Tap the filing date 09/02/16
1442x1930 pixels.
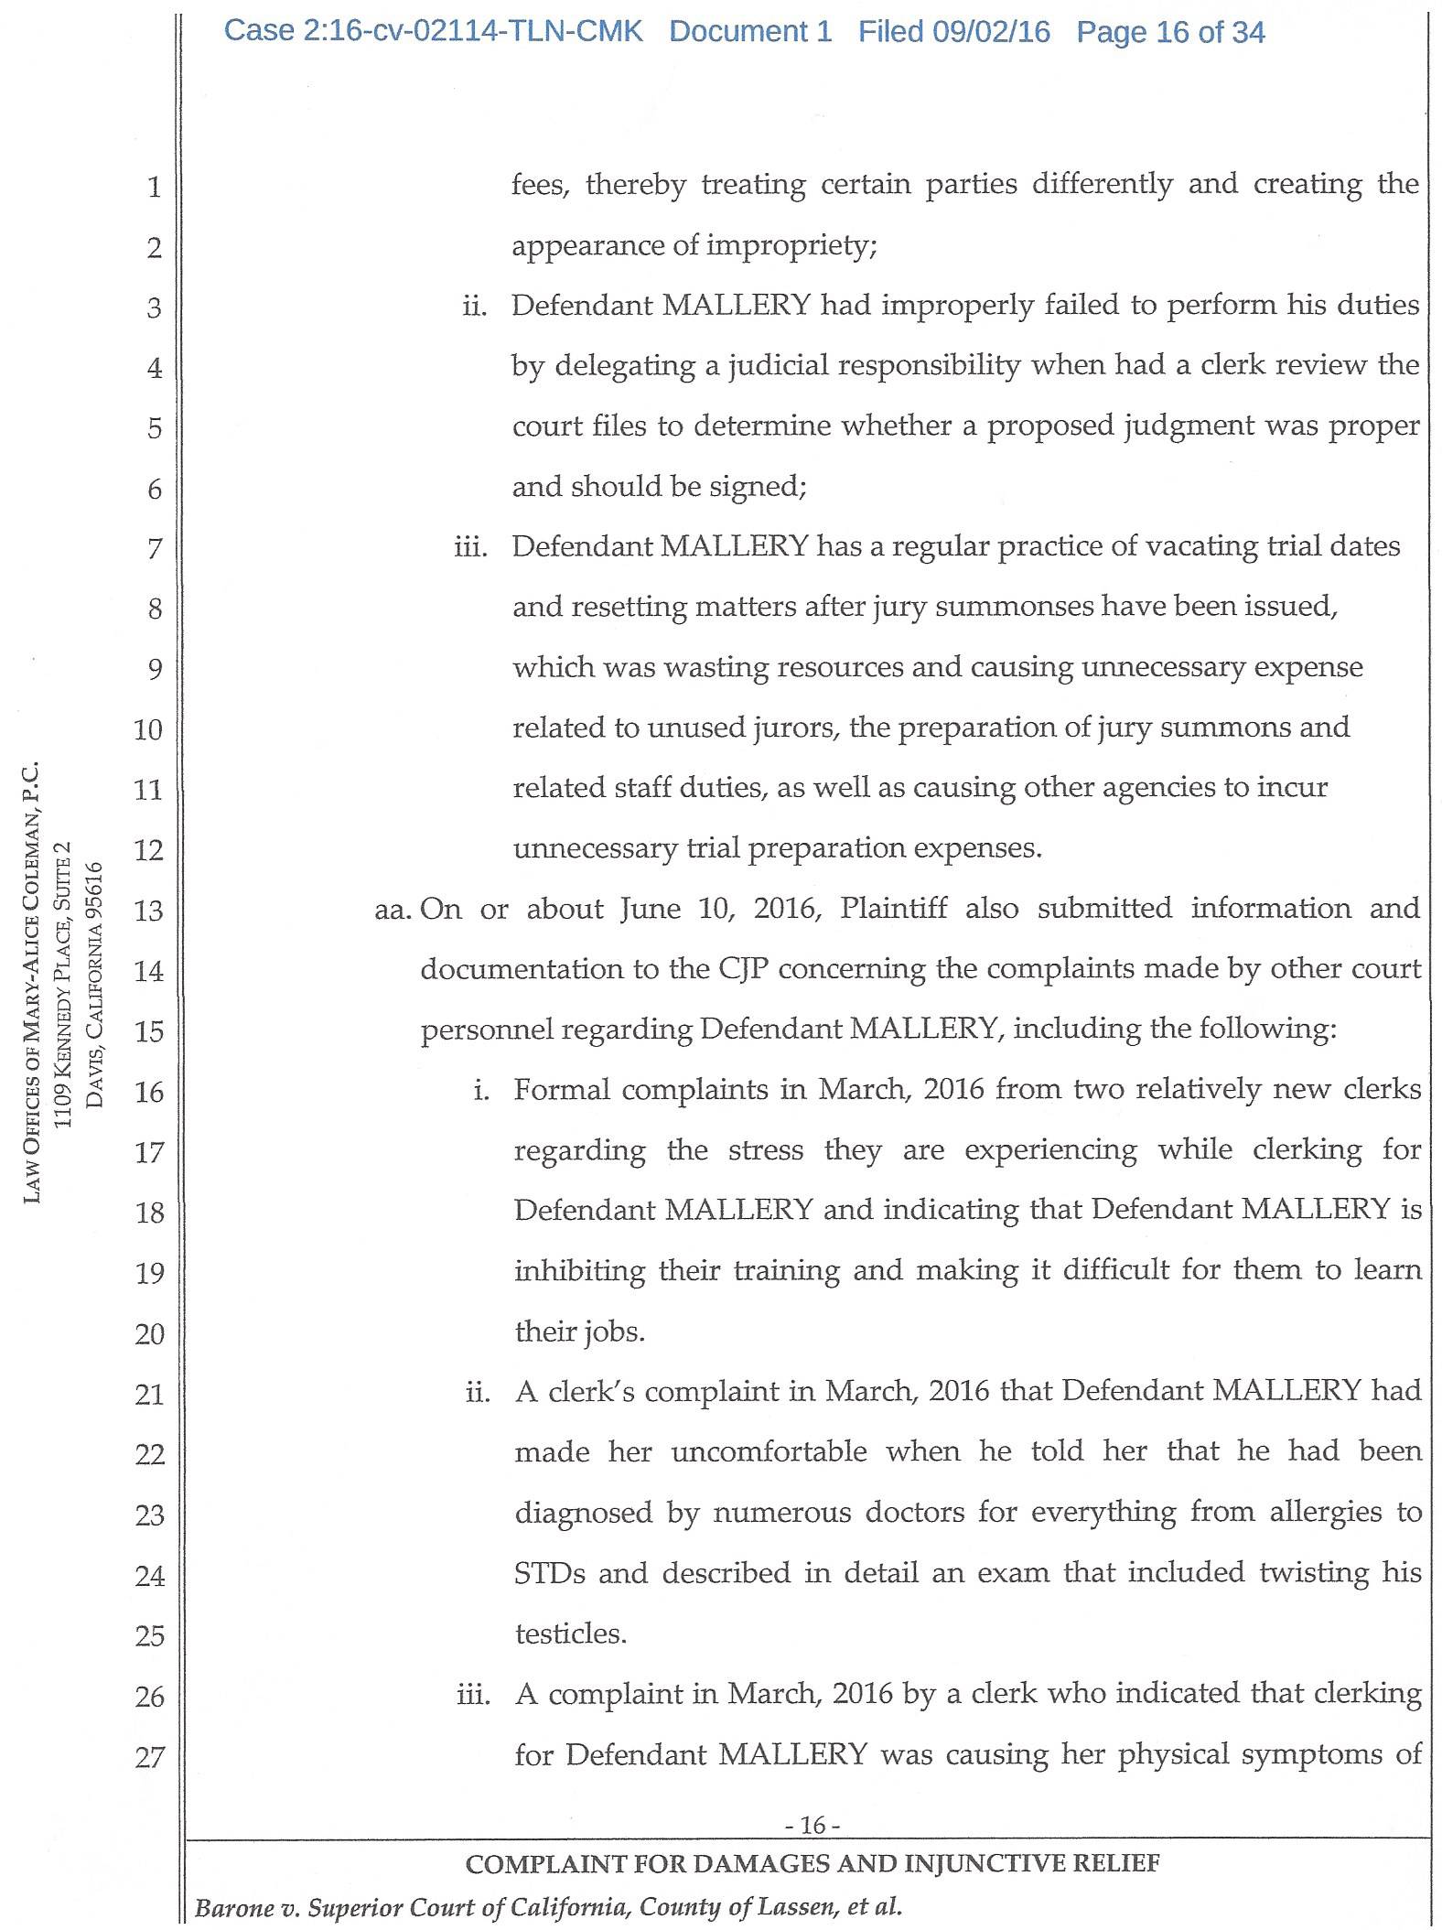click(x=991, y=32)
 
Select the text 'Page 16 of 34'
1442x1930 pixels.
click(x=1170, y=33)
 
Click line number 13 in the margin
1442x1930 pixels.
click(x=148, y=911)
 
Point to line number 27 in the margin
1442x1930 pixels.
click(x=149, y=1757)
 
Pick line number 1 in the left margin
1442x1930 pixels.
click(x=154, y=187)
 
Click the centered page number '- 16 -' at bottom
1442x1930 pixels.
click(x=812, y=1826)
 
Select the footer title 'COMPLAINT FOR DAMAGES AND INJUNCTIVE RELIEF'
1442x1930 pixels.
click(x=812, y=1864)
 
